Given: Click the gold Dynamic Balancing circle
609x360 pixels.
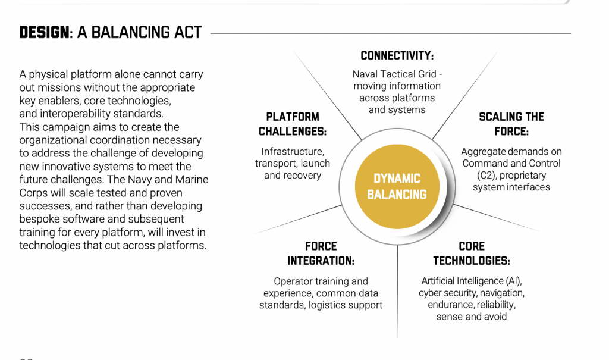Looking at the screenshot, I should (x=397, y=186).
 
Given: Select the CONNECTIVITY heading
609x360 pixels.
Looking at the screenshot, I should (x=397, y=56).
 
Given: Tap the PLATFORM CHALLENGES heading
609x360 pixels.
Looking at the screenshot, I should (x=293, y=124).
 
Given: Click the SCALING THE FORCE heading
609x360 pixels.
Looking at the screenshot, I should (x=511, y=124).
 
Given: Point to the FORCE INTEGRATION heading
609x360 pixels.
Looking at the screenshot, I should (x=321, y=253).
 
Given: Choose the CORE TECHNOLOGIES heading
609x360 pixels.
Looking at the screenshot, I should (x=472, y=253).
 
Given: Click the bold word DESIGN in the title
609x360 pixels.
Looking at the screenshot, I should (x=44, y=33).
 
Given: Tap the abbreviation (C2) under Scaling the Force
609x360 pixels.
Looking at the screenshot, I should (x=488, y=176).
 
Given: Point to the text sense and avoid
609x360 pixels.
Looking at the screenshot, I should (x=472, y=317).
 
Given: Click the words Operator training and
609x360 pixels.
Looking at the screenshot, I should (x=321, y=281).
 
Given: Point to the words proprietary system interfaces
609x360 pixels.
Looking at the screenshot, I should (x=511, y=181).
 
